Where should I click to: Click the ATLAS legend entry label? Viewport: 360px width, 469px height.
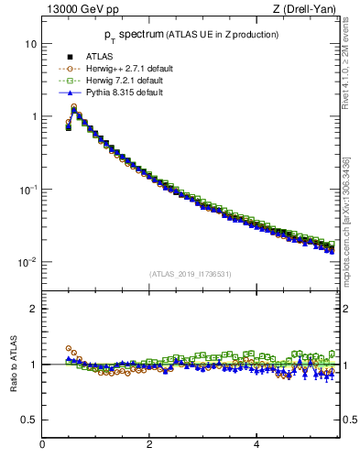98,57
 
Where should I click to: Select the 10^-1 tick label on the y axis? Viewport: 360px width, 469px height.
27,189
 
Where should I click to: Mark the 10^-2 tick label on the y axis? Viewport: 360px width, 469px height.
27,262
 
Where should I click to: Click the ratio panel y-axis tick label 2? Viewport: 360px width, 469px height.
34,309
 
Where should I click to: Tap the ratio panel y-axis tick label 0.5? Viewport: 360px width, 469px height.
30,420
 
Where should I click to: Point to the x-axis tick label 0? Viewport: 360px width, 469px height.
42,444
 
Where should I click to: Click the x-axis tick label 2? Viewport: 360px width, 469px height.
149,444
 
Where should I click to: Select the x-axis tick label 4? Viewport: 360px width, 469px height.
256,444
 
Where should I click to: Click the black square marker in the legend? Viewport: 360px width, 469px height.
69,57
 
